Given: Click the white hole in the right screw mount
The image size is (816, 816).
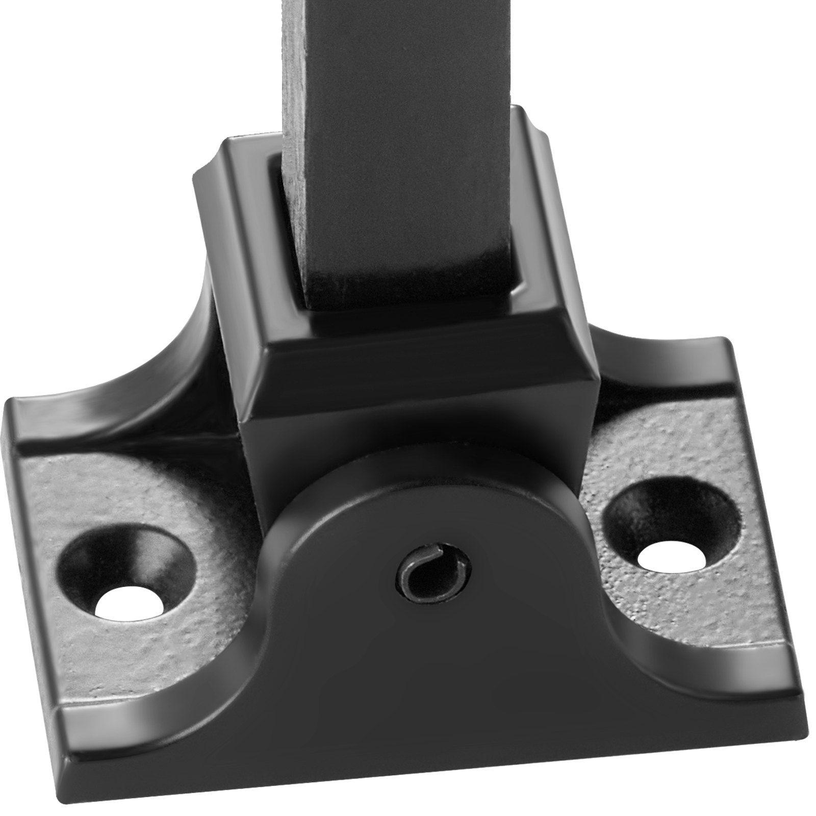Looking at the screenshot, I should pyautogui.click(x=672, y=559).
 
